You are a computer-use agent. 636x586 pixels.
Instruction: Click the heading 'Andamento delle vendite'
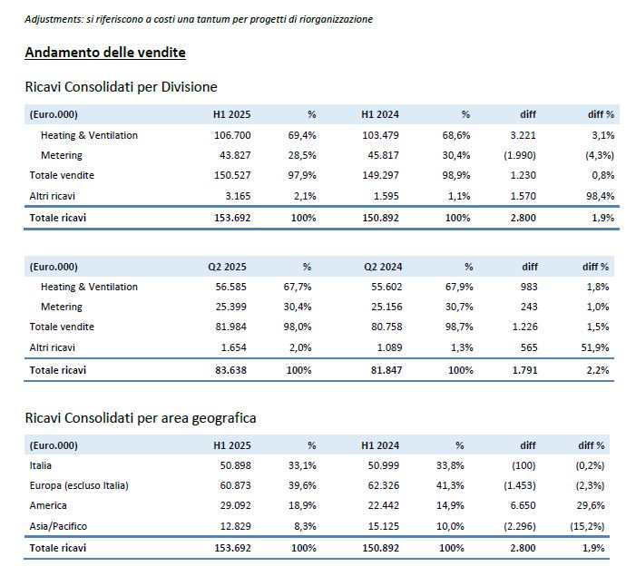pos(105,53)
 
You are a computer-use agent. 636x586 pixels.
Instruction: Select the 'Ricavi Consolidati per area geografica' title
pos(141,418)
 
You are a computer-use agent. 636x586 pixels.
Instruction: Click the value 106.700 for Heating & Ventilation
pos(232,135)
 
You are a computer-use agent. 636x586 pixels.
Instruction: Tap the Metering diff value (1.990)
pos(520,155)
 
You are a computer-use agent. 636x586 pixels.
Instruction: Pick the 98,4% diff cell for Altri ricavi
pos(600,196)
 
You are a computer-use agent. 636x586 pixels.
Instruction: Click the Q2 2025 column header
pos(227,267)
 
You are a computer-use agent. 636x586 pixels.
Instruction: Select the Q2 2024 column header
pos(383,267)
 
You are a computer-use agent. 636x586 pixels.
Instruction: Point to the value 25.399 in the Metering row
pos(230,307)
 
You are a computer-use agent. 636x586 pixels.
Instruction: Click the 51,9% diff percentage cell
pos(595,347)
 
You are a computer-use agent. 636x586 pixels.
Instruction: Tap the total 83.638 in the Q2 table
pos(230,370)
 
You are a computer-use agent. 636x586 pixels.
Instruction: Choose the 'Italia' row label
pos(41,465)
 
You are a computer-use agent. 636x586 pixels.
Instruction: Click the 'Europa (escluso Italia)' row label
pos(79,485)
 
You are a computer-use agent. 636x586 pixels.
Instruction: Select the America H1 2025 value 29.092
pos(236,505)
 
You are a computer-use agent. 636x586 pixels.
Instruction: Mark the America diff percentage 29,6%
pos(591,505)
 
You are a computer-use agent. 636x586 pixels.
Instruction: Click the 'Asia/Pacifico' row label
pos(58,526)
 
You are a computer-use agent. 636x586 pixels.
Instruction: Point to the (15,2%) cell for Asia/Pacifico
pos(587,526)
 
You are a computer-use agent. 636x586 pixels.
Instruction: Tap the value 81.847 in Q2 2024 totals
pos(386,370)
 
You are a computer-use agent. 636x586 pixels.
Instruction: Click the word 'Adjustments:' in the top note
pos(54,19)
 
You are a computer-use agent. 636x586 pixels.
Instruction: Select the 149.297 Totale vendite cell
pos(380,175)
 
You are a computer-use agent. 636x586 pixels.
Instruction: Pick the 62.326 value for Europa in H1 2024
pos(383,485)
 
